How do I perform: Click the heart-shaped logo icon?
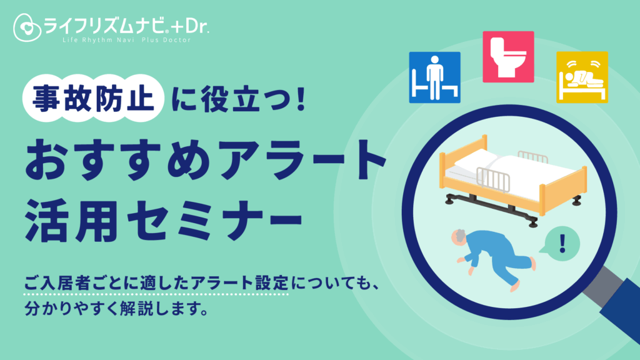tap(27, 27)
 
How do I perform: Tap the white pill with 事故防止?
tap(94, 98)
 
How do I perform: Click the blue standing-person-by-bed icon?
tap(435, 77)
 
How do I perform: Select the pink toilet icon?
tap(508, 57)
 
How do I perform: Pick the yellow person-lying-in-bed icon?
tap(582, 77)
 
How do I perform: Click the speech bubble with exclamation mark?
tap(561, 244)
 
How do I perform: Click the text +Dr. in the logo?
tap(190, 26)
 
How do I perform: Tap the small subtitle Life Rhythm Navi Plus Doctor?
tap(126, 40)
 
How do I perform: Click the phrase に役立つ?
tap(239, 98)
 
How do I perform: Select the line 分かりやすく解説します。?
tap(117, 308)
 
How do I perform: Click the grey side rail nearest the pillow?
tap(493, 179)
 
